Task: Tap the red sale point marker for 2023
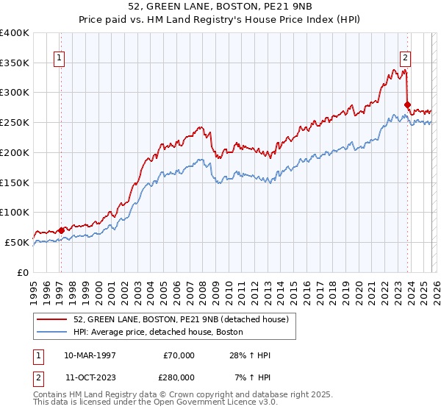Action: pyautogui.click(x=408, y=105)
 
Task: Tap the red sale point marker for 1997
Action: pyautogui.click(x=61, y=230)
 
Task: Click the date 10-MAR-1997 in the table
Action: pyautogui.click(x=91, y=355)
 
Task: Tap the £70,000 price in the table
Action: pyautogui.click(x=179, y=355)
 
